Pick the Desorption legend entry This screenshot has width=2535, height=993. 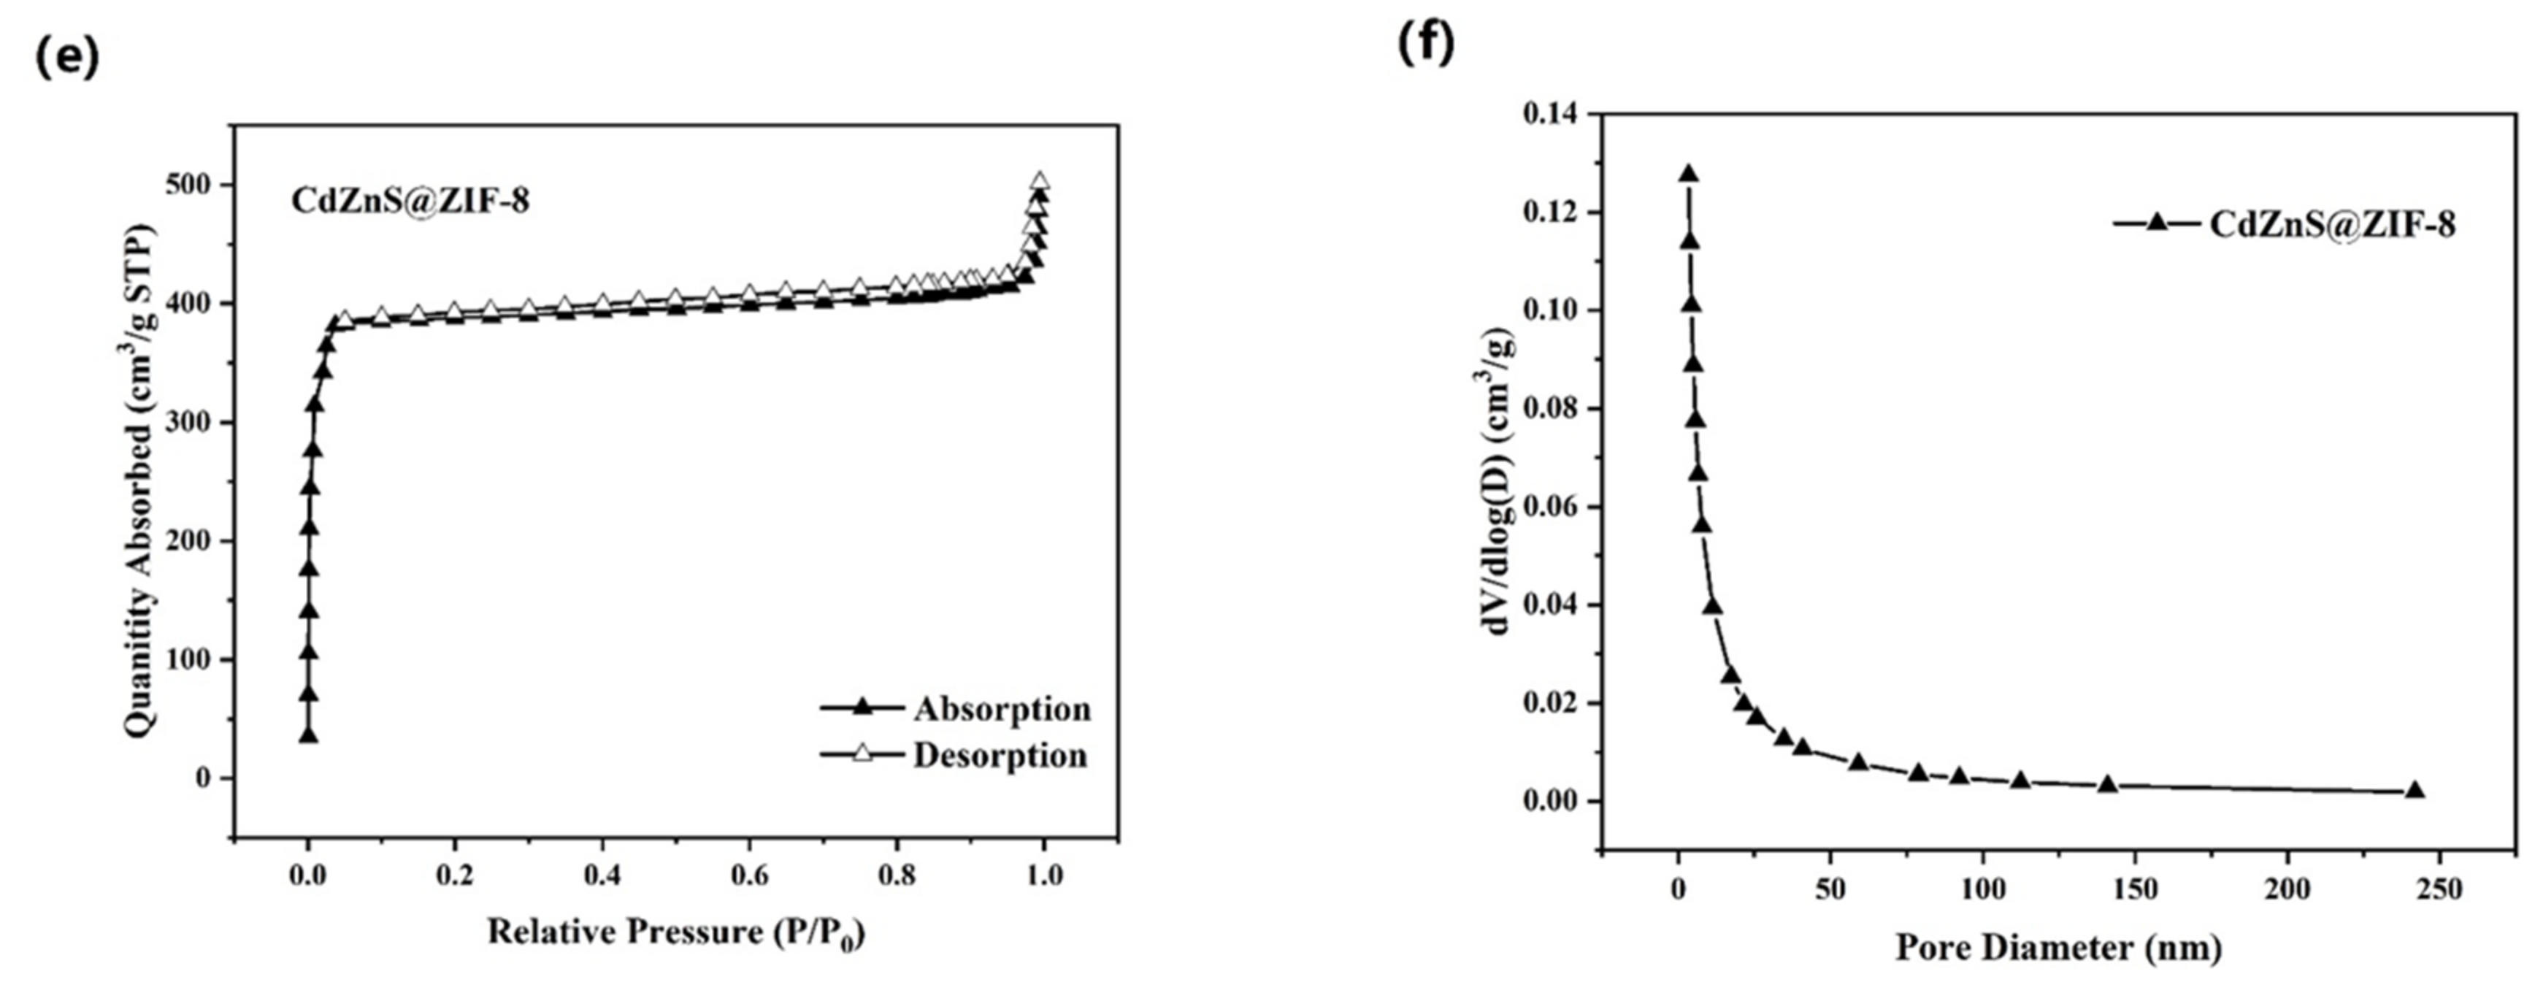[x=1000, y=755]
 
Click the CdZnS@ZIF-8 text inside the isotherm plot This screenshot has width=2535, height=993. [x=410, y=201]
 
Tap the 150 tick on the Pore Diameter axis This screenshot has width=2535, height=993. [x=2134, y=889]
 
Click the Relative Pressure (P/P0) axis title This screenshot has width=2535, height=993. [x=675, y=932]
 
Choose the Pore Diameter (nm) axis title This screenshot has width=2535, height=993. [x=2059, y=948]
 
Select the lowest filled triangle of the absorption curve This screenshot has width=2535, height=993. [x=308, y=735]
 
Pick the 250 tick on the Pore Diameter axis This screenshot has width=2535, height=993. [x=2439, y=889]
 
